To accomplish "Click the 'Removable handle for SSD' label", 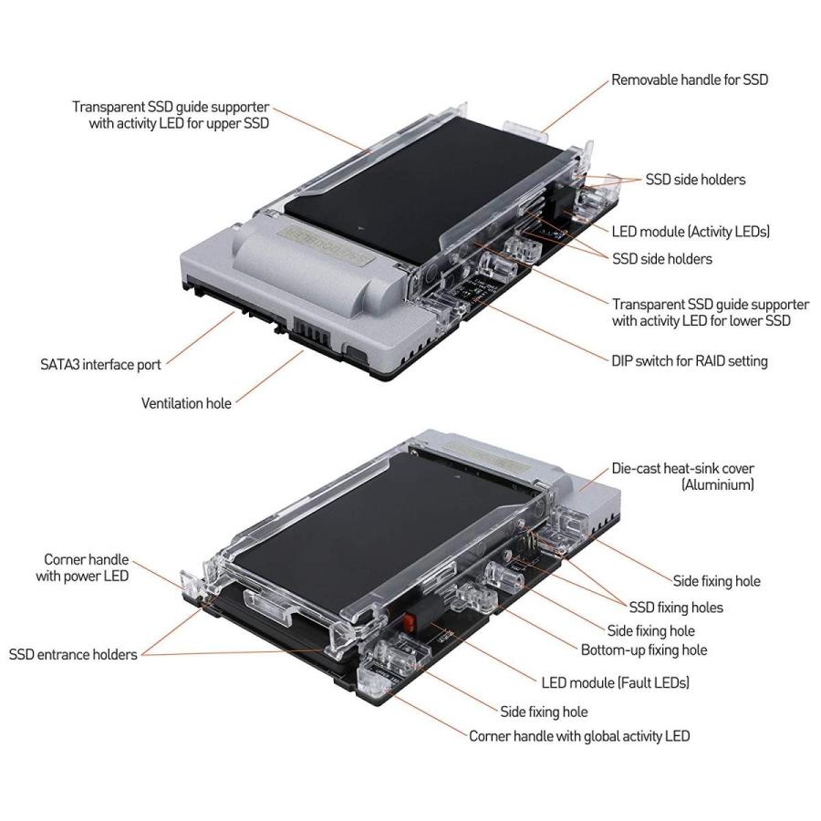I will pyautogui.click(x=690, y=79).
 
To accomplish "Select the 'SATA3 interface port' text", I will pyautogui.click(x=99, y=365).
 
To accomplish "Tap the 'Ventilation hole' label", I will pyautogui.click(x=186, y=402).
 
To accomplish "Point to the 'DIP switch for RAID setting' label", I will pyautogui.click(x=690, y=360).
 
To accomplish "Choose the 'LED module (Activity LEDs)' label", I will pyautogui.click(x=691, y=232).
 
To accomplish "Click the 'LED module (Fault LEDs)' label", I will pyautogui.click(x=616, y=681).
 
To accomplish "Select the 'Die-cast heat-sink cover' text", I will pyautogui.click(x=682, y=469).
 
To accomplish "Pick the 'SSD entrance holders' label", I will pyautogui.click(x=73, y=654).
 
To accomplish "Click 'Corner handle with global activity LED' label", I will pyautogui.click(x=578, y=735).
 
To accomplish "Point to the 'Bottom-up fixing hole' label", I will pyautogui.click(x=643, y=650).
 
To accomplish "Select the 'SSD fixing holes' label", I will pyautogui.click(x=676, y=607).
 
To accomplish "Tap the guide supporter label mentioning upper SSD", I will pyautogui.click(x=171, y=115).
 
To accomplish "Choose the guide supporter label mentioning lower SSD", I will pyautogui.click(x=710, y=312).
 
